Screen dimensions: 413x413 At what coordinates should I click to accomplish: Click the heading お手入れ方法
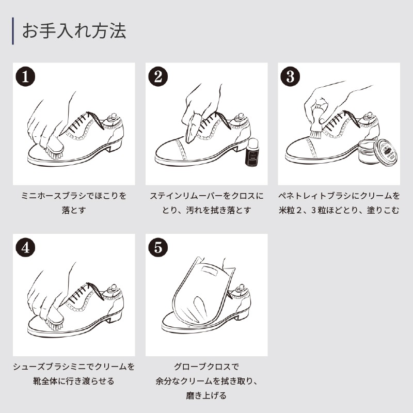[74, 31]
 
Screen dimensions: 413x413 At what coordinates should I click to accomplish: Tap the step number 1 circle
[25, 76]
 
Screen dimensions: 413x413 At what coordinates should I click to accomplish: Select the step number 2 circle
[158, 76]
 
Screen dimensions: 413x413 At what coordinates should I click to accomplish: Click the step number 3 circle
[290, 76]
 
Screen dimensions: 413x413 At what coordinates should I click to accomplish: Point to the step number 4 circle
[25, 248]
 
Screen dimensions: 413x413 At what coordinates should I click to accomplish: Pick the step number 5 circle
[158, 248]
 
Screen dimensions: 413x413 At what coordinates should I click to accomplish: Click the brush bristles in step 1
[55, 153]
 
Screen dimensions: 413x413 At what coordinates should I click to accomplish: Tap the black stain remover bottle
[251, 152]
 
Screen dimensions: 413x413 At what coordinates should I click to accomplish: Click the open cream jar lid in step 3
[386, 153]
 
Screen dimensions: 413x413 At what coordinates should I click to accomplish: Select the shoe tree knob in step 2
[240, 116]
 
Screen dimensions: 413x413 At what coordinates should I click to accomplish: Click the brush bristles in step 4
[55, 325]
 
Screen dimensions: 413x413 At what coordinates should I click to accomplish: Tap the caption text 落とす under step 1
[74, 210]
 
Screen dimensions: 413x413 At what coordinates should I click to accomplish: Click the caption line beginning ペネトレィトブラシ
[339, 196]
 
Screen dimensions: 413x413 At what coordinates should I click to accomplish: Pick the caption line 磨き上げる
[206, 395]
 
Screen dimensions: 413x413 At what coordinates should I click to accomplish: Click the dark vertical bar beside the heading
[13, 31]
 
